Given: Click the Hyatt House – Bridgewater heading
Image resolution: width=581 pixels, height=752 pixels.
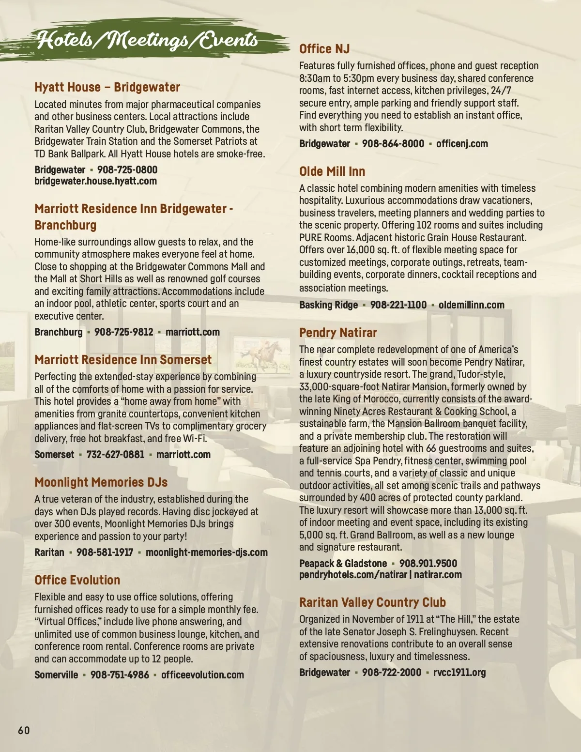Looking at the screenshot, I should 107,88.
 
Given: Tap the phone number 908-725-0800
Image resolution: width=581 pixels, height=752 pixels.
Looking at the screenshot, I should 127,170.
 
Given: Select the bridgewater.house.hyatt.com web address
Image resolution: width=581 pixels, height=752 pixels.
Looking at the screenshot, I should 95,181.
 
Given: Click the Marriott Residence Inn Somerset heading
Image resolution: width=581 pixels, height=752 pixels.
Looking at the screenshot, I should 123,360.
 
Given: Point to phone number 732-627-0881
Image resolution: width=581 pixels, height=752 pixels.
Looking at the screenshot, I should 115,455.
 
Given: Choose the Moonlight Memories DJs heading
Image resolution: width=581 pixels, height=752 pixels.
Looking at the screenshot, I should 101,482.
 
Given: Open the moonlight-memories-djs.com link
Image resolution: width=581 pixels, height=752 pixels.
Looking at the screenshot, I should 207,552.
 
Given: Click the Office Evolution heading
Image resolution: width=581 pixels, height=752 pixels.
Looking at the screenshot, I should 77,580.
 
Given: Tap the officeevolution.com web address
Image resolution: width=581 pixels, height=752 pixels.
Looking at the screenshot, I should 202,675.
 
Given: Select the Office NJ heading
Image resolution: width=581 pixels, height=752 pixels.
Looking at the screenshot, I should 324,49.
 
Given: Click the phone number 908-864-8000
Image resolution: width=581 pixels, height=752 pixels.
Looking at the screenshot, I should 393,144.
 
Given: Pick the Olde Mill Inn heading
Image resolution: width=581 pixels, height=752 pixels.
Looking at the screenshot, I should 332,171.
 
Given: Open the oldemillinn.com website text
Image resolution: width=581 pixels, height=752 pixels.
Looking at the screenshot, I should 471,305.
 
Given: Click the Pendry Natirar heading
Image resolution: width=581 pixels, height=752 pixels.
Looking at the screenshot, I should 338,333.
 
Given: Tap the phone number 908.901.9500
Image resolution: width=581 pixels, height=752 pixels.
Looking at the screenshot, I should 428,564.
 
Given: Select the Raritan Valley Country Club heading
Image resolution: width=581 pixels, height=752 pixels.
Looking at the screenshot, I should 372,602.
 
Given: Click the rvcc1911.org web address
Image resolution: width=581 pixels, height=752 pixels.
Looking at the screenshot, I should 459,673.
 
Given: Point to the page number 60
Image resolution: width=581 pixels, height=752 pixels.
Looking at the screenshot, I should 24,730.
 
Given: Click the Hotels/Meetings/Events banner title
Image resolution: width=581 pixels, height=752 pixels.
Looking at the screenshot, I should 148,40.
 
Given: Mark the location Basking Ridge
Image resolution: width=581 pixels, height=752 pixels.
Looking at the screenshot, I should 328,305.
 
